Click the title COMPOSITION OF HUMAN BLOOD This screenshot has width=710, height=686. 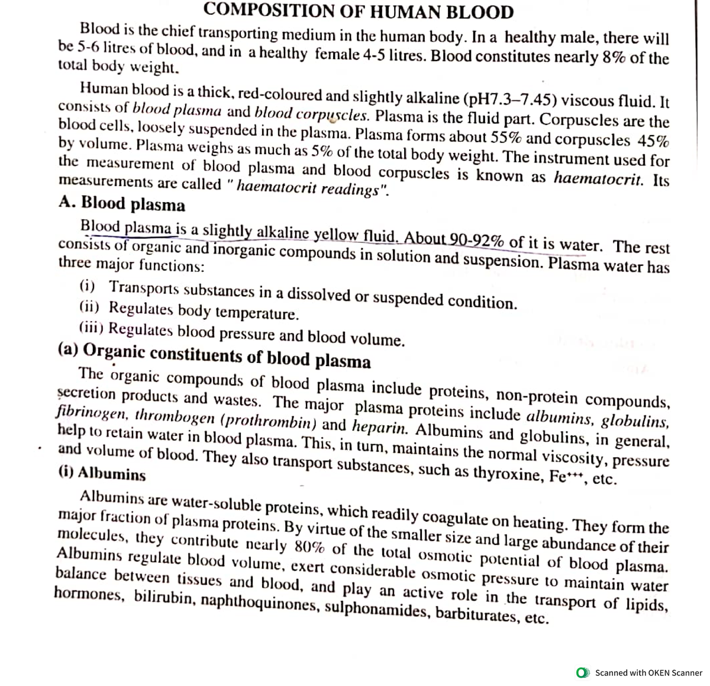[x=358, y=11]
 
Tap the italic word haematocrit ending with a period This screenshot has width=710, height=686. [x=598, y=178]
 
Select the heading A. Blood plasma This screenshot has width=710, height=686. [x=122, y=203]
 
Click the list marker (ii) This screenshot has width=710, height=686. [x=89, y=307]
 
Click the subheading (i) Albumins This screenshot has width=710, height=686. [x=102, y=474]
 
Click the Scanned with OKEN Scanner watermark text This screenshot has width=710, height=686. [x=648, y=672]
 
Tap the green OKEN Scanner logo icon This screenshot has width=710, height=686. [x=583, y=672]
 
